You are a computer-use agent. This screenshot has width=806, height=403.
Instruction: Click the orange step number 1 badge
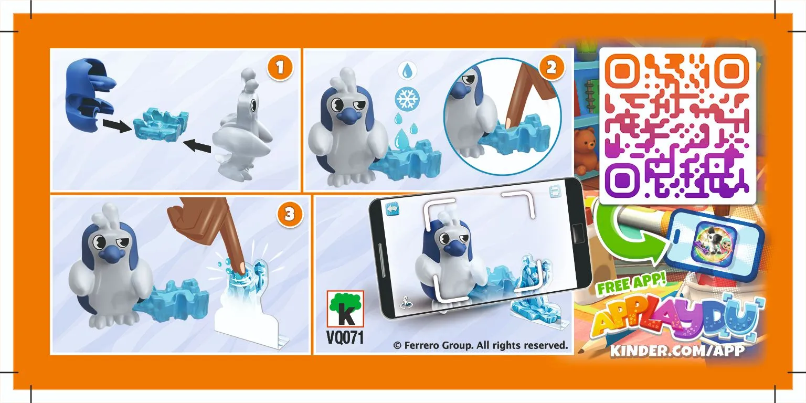pos(281,68)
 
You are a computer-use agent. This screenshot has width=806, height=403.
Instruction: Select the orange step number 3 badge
pos(290,215)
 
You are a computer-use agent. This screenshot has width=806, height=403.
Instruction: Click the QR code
pos(677,126)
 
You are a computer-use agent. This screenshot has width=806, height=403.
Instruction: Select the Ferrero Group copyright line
pos(480,345)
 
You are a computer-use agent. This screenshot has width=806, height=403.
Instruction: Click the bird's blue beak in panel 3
pos(113,255)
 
